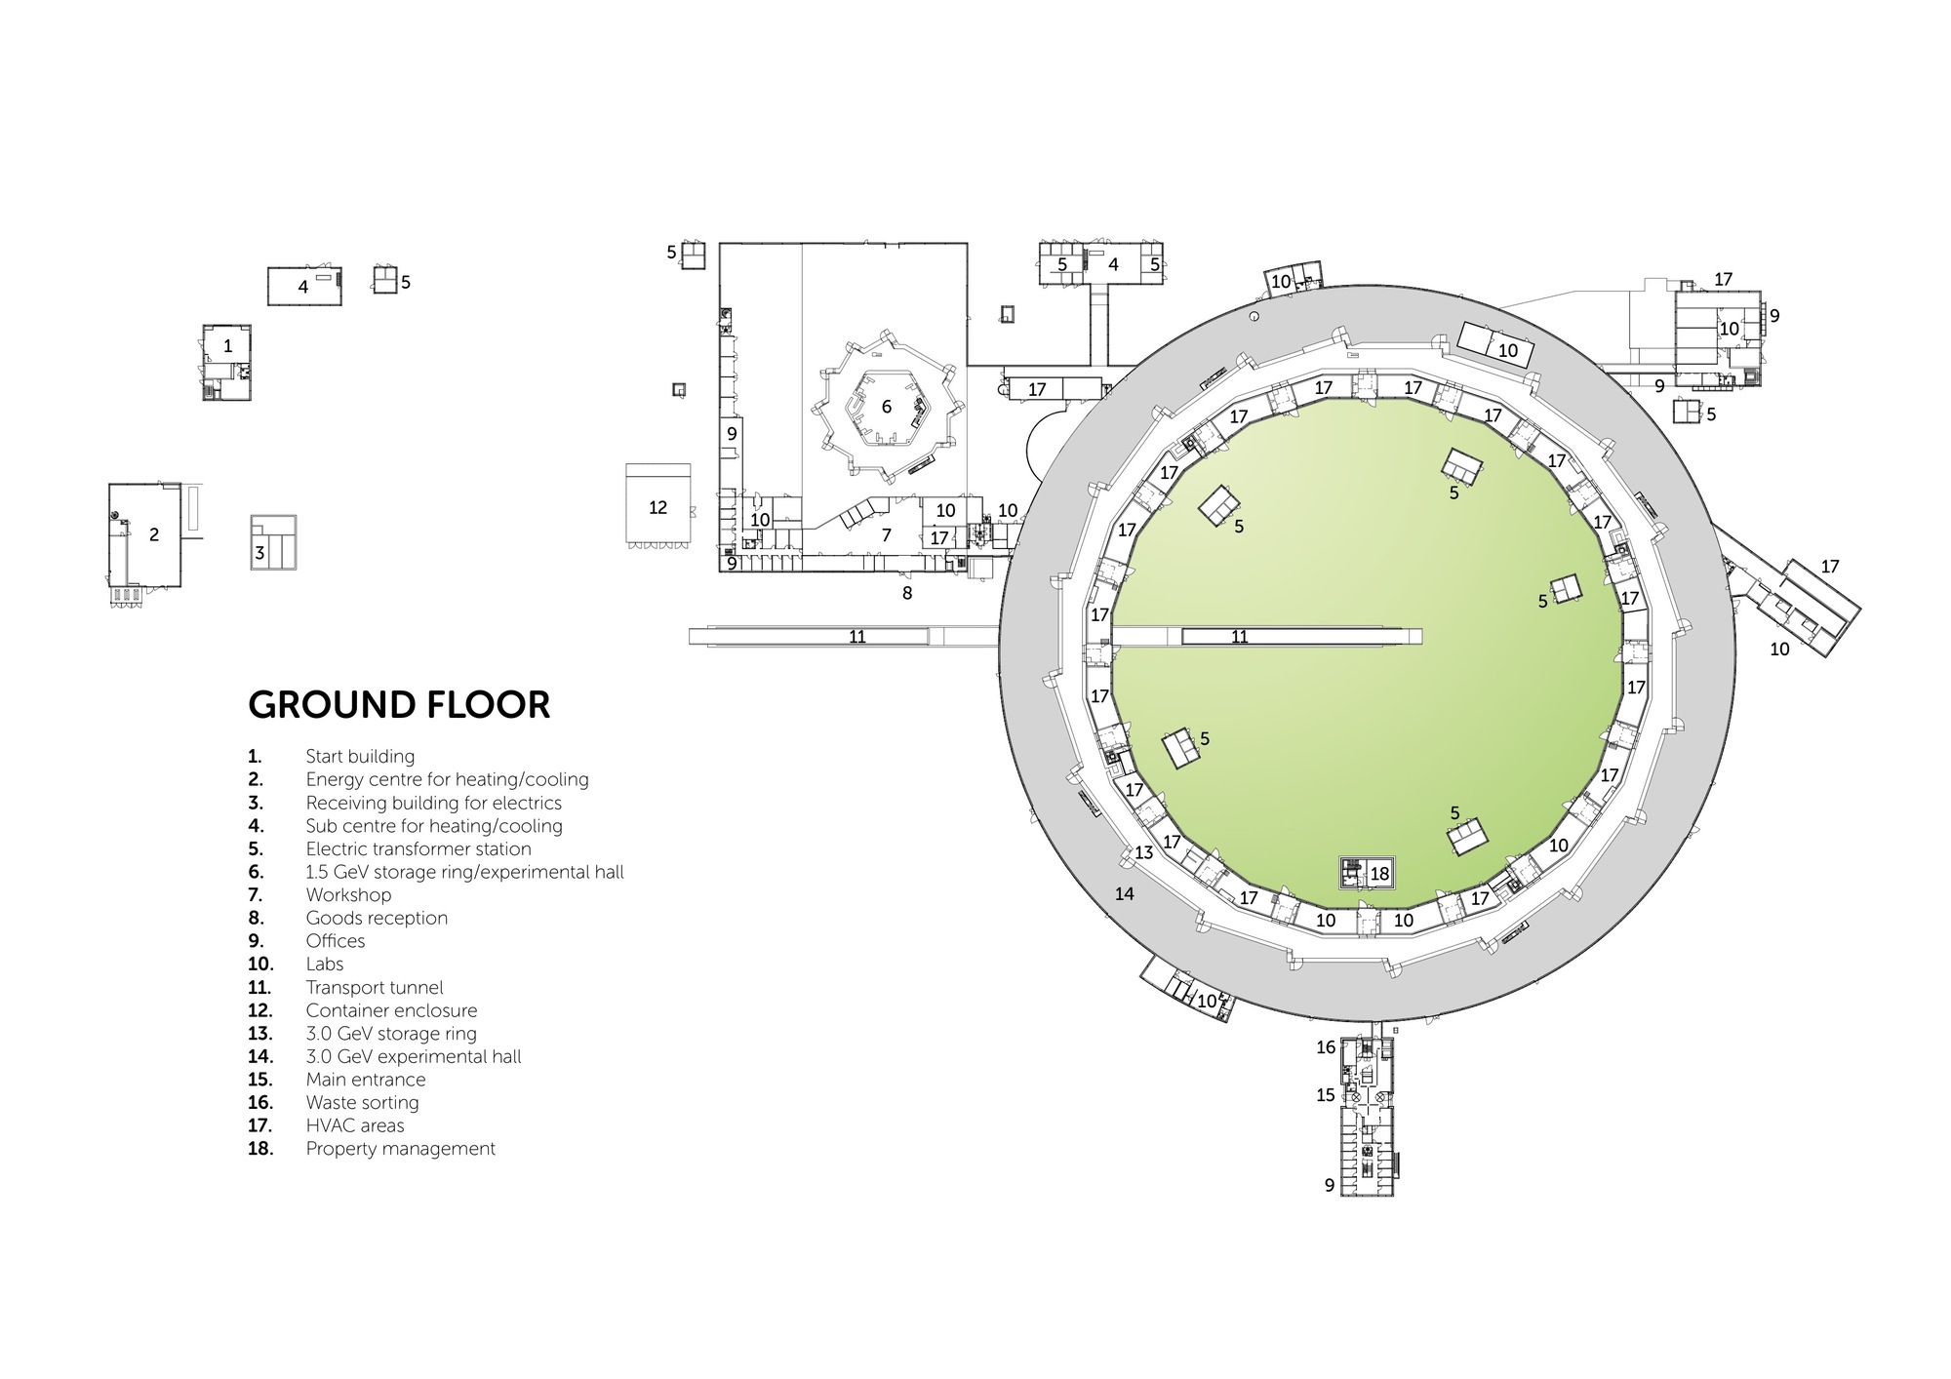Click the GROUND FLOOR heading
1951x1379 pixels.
pos(399,704)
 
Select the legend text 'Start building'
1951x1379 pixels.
pos(360,757)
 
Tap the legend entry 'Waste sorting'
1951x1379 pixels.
pos(362,1103)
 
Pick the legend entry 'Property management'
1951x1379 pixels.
pos(401,1149)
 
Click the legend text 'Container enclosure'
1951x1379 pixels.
pos(391,1010)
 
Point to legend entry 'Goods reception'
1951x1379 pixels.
pos(377,919)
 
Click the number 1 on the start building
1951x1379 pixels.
pos(228,346)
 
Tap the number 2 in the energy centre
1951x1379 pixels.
pos(154,534)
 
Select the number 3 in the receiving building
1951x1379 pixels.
pos(259,553)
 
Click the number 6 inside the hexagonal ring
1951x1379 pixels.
pos(887,407)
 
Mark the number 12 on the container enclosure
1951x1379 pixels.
pos(658,507)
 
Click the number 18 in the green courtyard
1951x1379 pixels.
pos(1379,875)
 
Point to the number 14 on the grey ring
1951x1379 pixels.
pos(1125,893)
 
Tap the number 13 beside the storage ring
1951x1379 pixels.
pos(1144,852)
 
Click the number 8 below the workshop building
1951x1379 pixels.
pos(907,592)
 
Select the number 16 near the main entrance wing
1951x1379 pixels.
pos(1326,1047)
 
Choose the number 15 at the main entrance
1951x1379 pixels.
pos(1326,1095)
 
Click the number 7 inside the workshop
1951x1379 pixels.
pos(887,535)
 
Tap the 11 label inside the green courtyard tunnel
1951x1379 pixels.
pos(1240,637)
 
